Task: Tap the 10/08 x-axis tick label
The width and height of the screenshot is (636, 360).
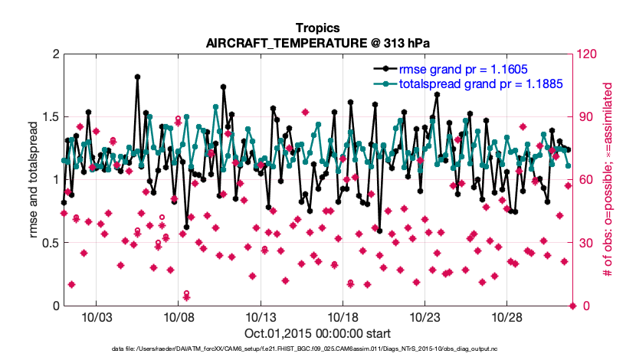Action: click(x=178, y=317)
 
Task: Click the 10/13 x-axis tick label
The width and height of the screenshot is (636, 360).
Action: click(x=260, y=317)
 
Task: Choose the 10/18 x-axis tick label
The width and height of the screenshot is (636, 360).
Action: click(x=342, y=317)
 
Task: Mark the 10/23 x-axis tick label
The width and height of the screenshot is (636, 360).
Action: click(x=425, y=317)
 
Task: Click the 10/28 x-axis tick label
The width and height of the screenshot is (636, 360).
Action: click(x=507, y=317)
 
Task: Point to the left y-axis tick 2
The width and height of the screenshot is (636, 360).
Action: click(x=56, y=54)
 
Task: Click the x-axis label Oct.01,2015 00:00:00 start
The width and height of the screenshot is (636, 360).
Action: click(x=317, y=333)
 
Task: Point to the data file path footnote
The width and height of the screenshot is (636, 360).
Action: click(x=317, y=349)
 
